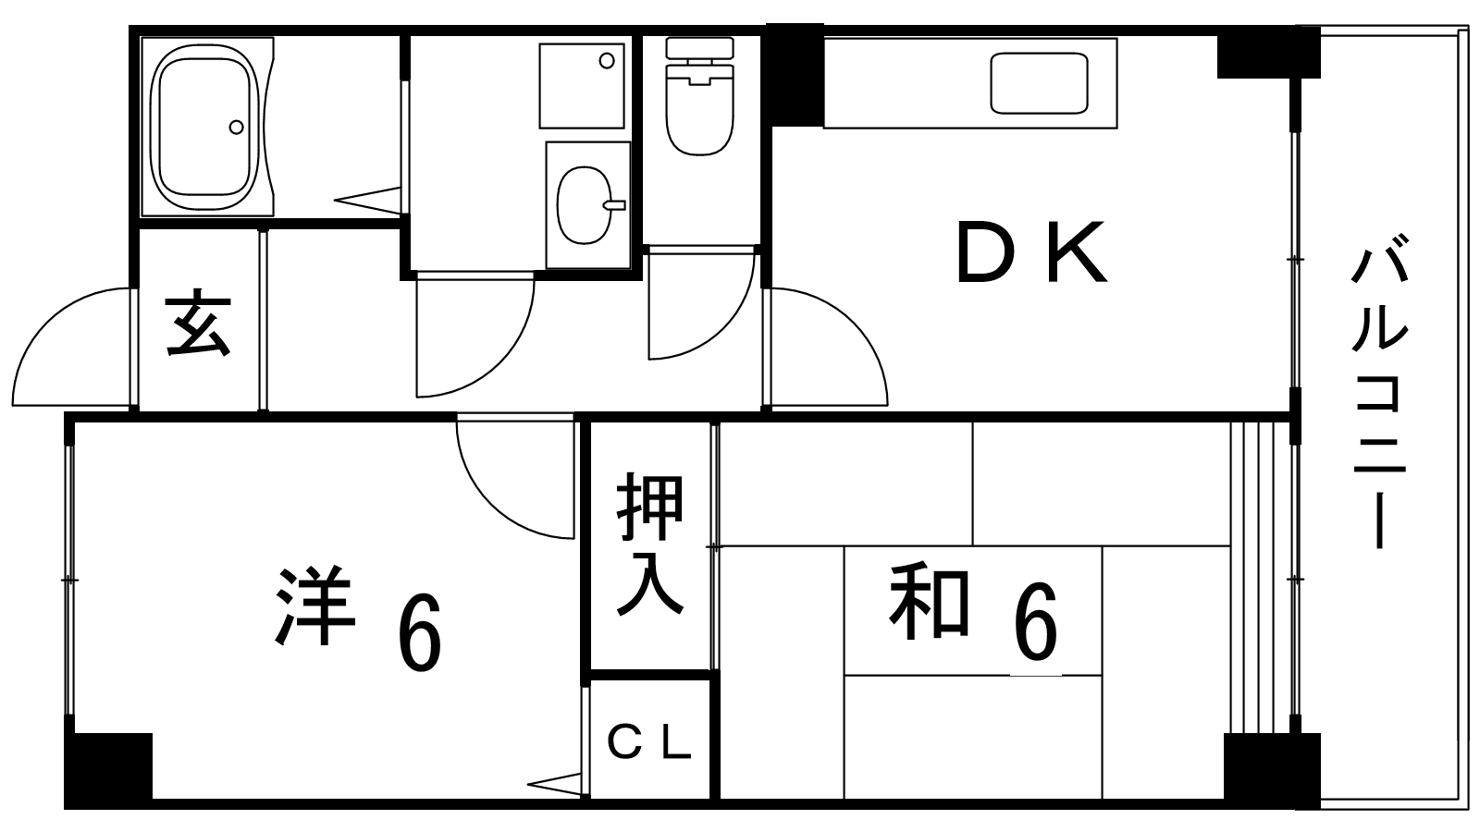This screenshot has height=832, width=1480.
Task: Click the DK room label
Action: point(1030,251)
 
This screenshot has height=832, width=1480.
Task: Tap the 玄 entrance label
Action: point(198,324)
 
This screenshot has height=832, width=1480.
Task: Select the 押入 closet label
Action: point(650,545)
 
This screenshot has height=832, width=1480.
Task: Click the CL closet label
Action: point(649,741)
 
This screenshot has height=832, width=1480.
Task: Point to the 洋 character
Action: point(314,606)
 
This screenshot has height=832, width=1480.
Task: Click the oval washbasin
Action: point(584,204)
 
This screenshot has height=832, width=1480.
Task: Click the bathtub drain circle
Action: point(237,127)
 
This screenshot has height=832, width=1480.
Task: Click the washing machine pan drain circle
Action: point(607,61)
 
